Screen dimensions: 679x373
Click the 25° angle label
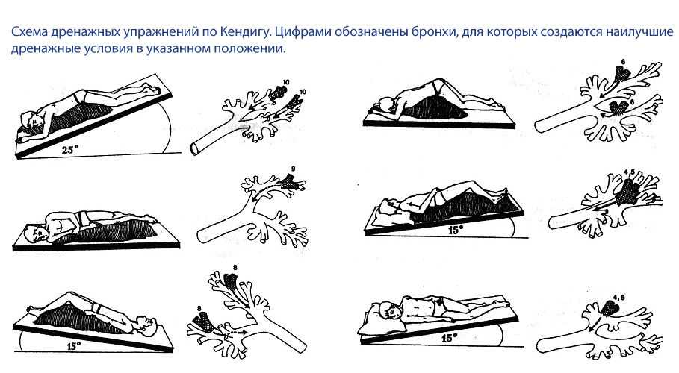pos(69,150)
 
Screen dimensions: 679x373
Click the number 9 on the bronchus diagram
pos(293,169)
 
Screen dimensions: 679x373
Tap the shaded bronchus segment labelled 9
pos(288,182)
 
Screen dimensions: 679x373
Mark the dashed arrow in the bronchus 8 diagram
pos(235,333)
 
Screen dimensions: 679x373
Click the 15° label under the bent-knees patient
pos(454,231)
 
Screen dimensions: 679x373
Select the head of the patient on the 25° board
pos(31,121)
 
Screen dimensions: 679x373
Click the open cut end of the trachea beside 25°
pos(194,149)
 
